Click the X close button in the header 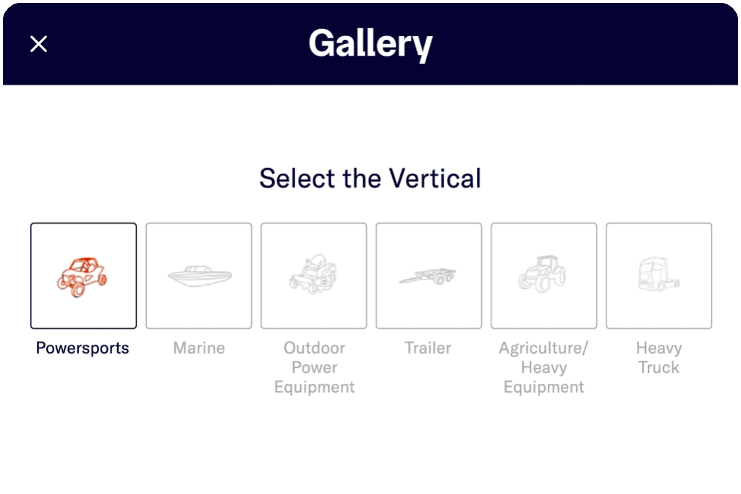pyautogui.click(x=39, y=44)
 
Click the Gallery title pyautogui.click(x=370, y=44)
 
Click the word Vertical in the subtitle pyautogui.click(x=435, y=178)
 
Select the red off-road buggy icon pyautogui.click(x=82, y=277)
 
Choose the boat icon pyautogui.click(x=200, y=276)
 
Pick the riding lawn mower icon pyautogui.click(x=313, y=274)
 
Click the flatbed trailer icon pyautogui.click(x=428, y=276)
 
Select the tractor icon pyautogui.click(x=542, y=274)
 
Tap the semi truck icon pyautogui.click(x=659, y=274)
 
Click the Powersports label pyautogui.click(x=82, y=348)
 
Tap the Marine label pyautogui.click(x=199, y=348)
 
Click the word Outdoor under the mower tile pyautogui.click(x=314, y=348)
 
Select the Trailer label pyautogui.click(x=428, y=348)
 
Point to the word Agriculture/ pyautogui.click(x=543, y=348)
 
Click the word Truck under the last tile pyautogui.click(x=659, y=368)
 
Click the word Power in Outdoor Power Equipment pyautogui.click(x=315, y=368)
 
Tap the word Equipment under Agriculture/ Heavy pyautogui.click(x=544, y=388)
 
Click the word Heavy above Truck pyautogui.click(x=659, y=348)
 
